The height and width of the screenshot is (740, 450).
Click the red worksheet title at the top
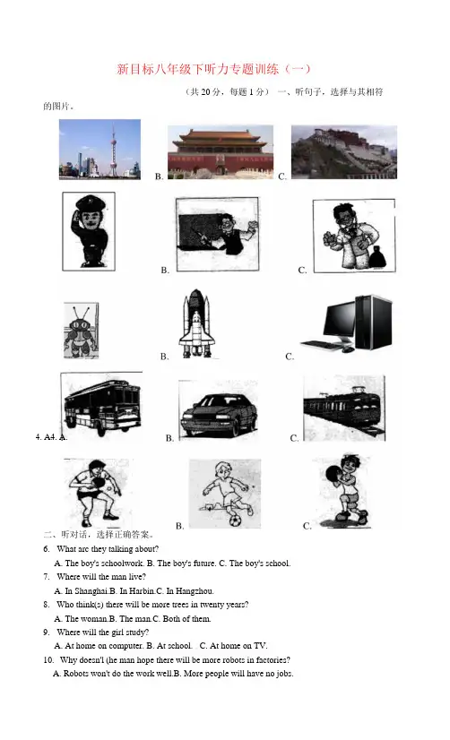213,69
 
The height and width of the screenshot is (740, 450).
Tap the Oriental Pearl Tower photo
100,149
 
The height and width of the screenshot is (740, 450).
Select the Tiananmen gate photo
221,151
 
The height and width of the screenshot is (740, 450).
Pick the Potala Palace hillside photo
343,151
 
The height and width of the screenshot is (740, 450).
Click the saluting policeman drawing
89,231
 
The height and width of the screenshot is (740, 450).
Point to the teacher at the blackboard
218,235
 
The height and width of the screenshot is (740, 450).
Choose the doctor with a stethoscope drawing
354,236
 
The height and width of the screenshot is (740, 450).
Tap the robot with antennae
81,330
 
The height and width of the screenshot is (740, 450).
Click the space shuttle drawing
196,323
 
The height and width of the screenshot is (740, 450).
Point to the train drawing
343,409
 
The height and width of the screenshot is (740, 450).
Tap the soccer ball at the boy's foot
235,521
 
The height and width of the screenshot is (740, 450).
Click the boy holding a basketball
345,491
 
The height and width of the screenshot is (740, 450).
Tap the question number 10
48,659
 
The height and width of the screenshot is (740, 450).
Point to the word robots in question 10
233,659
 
